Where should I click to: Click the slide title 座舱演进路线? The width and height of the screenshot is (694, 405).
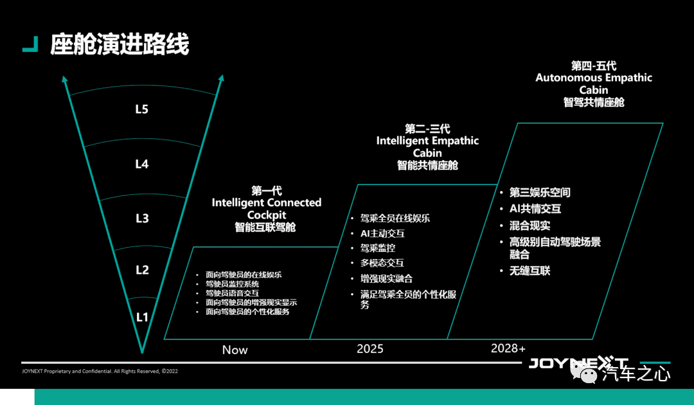(120, 44)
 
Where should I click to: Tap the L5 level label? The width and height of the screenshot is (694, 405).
(141, 109)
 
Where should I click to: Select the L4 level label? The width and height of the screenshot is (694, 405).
(141, 164)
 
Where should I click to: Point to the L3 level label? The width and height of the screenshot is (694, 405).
(142, 218)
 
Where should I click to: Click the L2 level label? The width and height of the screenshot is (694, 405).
(142, 270)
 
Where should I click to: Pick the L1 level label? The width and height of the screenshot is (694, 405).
(141, 317)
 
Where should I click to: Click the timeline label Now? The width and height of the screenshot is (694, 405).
(235, 350)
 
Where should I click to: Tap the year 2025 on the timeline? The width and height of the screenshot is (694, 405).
(370, 349)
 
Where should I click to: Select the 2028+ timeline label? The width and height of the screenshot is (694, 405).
(508, 348)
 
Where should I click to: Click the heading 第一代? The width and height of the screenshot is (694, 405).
(267, 191)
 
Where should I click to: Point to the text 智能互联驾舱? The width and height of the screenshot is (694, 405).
(265, 228)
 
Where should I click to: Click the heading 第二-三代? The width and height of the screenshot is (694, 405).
(427, 129)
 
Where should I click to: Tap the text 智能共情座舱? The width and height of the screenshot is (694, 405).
(427, 166)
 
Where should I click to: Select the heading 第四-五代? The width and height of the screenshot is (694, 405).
(594, 66)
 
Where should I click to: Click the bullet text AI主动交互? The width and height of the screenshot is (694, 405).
(382, 233)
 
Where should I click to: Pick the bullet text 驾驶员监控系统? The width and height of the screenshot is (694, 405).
(233, 284)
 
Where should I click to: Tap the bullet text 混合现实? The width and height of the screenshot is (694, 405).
(529, 226)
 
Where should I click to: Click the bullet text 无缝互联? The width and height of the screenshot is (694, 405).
(529, 271)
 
